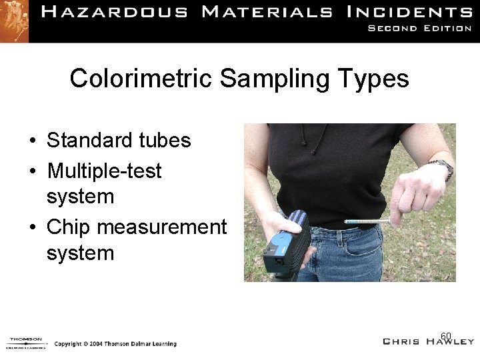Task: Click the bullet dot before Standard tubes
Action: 32,141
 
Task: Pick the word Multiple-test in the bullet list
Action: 104,171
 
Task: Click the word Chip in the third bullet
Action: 69,227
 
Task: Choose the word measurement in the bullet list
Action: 162,227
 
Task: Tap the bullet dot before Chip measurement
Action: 32,228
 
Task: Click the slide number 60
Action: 446,335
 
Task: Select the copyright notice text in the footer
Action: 115,344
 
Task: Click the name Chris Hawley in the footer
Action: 427,341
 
